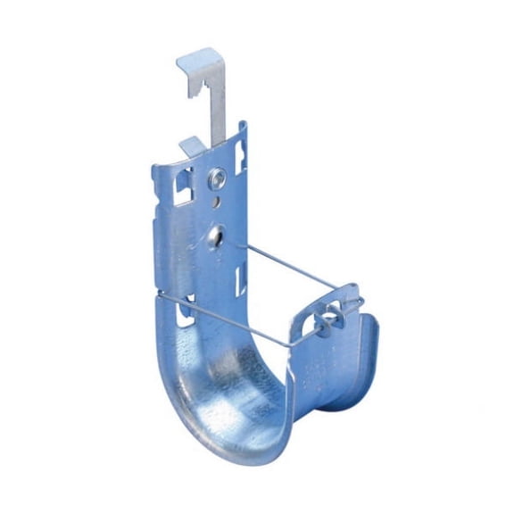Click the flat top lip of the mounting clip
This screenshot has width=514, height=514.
click(197, 61)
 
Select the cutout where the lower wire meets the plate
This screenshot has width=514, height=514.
click(187, 311)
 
